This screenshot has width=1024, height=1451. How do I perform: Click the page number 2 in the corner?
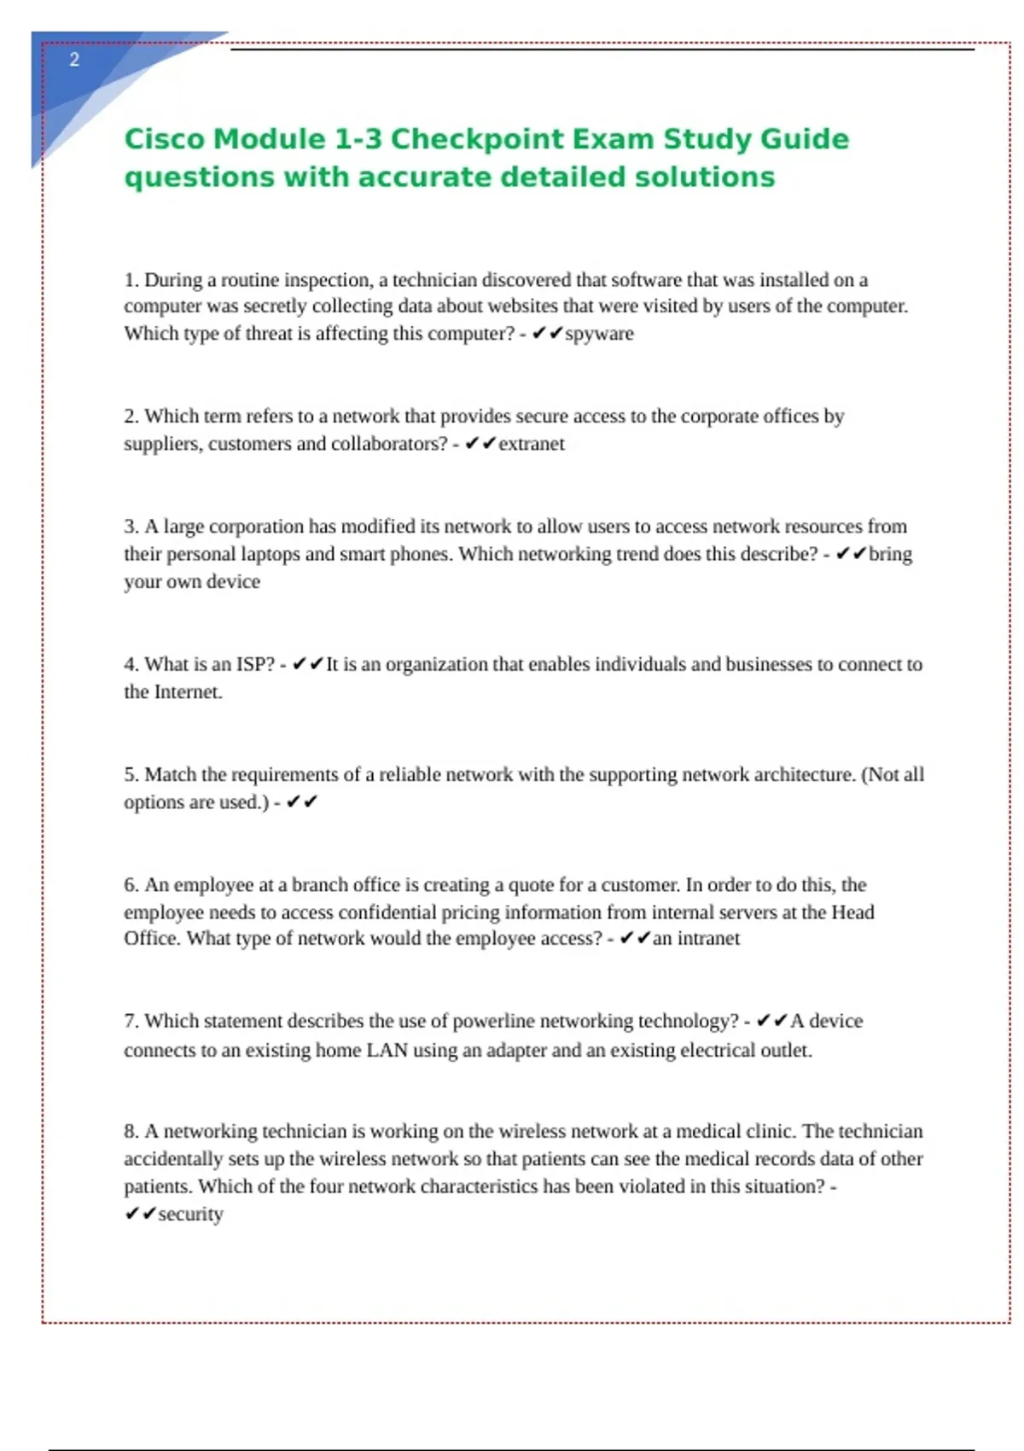coord(74,60)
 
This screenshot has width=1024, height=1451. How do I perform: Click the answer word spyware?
coord(599,334)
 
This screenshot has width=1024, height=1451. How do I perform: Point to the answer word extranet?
coord(532,444)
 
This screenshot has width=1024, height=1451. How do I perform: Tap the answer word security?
coord(190,1214)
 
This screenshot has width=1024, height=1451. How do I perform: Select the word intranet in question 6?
coord(708,939)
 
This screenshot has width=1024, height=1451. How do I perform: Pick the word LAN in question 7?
coord(387,1050)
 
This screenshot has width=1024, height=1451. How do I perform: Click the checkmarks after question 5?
coord(302,802)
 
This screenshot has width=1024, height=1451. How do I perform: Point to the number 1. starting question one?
coord(131,280)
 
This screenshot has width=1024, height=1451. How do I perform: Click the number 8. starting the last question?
coord(131,1131)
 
